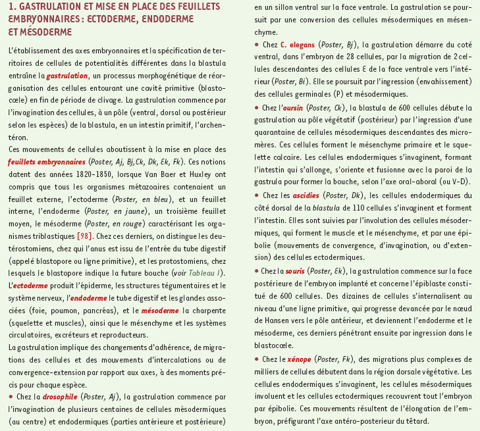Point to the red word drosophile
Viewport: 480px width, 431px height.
click(x=61, y=397)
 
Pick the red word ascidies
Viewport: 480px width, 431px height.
click(x=306, y=195)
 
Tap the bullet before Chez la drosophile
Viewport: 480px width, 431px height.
click(x=11, y=397)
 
